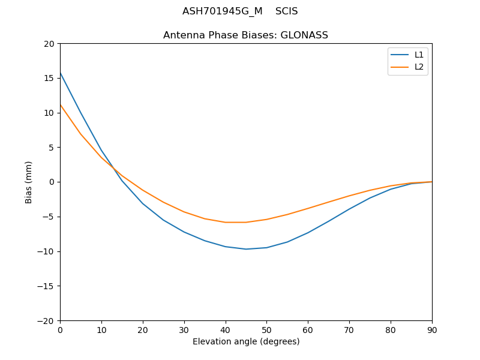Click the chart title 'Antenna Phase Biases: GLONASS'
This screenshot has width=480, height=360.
(245, 35)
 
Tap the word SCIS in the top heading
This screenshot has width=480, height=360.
(286, 11)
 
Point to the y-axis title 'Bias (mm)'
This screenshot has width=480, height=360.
(29, 182)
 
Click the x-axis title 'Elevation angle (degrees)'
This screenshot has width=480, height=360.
(245, 341)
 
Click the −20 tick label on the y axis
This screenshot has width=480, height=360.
(46, 320)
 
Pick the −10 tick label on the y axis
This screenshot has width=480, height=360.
(46, 251)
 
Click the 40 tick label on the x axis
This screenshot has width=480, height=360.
(225, 329)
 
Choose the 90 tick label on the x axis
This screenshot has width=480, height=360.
(431, 329)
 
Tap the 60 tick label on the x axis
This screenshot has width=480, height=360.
(308, 329)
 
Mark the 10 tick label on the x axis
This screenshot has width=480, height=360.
(101, 329)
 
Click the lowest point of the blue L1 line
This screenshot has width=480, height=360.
(246, 249)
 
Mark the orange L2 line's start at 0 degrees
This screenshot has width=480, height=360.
(61, 105)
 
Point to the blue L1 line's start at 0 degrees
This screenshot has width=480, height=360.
(61, 73)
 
